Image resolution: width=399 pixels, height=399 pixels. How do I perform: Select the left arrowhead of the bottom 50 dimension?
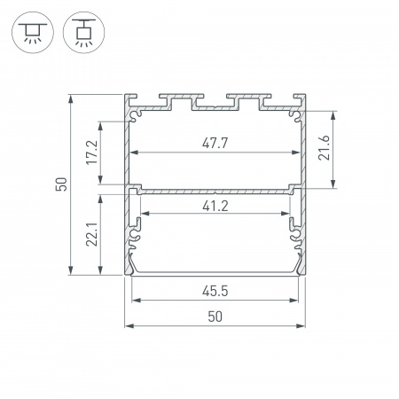pyautogui.click(x=128, y=326)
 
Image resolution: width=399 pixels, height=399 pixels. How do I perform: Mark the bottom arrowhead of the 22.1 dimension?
pyautogui.click(x=103, y=272)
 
